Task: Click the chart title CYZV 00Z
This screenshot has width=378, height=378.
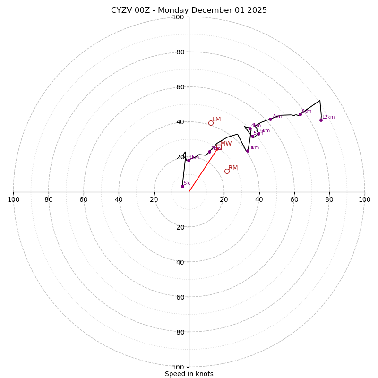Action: pyautogui.click(x=189, y=10)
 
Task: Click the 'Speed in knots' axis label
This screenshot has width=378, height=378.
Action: pyautogui.click(x=189, y=374)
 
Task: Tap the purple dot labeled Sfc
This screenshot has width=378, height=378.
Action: pyautogui.click(x=182, y=186)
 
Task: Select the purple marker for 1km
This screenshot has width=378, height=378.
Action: pyautogui.click(x=189, y=160)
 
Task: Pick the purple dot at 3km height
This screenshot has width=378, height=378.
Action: pyautogui.click(x=248, y=151)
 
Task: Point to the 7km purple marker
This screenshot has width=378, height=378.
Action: pyautogui.click(x=270, y=119)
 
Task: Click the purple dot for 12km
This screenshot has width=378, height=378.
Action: pyautogui.click(x=321, y=120)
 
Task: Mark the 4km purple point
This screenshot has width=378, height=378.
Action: pyautogui.click(x=250, y=129)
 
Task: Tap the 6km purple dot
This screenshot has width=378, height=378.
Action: pyautogui.click(x=258, y=134)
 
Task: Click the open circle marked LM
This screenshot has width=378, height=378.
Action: pyautogui.click(x=211, y=123)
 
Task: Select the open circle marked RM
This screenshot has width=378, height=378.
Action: pyautogui.click(x=227, y=172)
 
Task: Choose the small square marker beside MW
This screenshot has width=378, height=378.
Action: pyautogui.click(x=219, y=147)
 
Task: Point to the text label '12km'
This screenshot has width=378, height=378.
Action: pyautogui.click(x=328, y=117)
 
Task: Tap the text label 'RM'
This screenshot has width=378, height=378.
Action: pyautogui.click(x=233, y=168)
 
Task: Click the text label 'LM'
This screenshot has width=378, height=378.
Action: pyautogui.click(x=216, y=120)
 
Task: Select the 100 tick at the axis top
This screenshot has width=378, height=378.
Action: pyautogui.click(x=178, y=17)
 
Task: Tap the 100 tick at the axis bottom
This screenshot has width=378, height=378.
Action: pyautogui.click(x=178, y=367)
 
